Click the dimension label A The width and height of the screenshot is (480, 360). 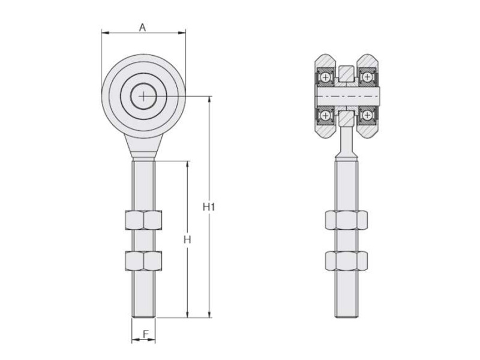[142, 28]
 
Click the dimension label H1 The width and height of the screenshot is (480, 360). [209, 207]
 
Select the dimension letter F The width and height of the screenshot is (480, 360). [146, 334]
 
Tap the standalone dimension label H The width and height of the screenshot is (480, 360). [187, 239]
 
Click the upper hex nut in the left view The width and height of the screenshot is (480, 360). [143, 220]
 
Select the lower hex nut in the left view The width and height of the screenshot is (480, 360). [143, 261]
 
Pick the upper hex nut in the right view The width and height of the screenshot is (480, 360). [347, 220]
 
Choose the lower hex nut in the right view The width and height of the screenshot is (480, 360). [347, 261]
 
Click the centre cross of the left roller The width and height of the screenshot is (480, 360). [143, 97]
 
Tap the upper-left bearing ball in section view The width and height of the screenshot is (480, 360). [326, 77]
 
